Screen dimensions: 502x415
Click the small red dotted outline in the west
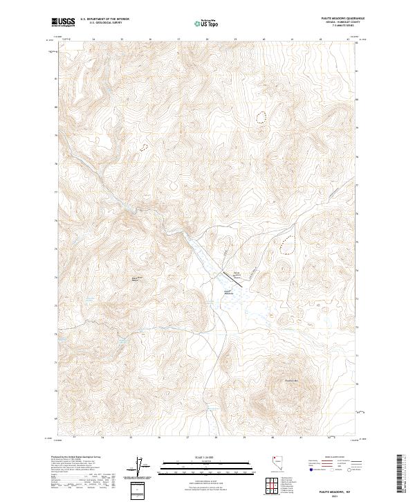coord(144,147)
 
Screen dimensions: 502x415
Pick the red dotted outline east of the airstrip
coord(287,242)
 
